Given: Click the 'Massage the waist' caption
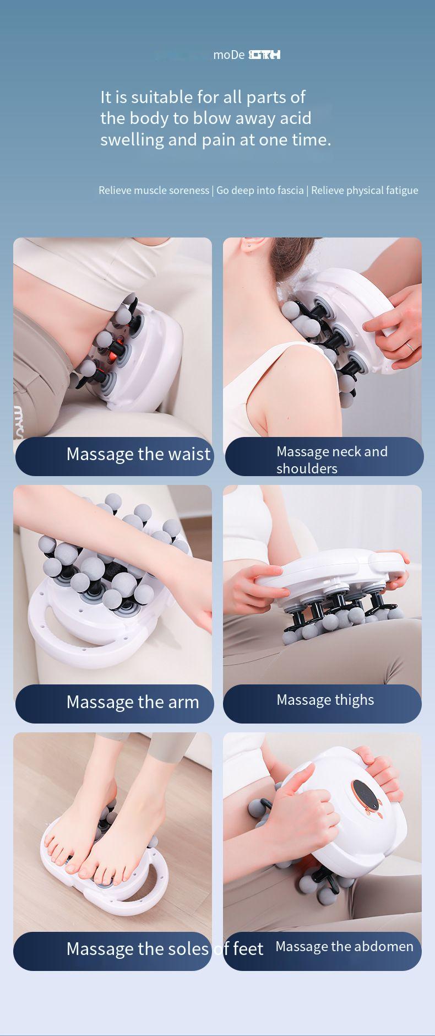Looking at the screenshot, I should point(138,454).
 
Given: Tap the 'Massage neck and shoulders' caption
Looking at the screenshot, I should point(331,460).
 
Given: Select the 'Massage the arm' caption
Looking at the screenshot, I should point(133,702).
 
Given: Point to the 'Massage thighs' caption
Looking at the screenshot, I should point(325,700).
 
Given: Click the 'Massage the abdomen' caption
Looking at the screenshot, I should point(344,947).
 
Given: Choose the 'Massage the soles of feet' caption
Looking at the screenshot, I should point(165,949).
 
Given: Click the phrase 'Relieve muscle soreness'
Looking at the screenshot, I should point(154,191).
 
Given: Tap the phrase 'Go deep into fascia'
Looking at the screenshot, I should point(260,191).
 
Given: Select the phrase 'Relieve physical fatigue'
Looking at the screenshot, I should point(365,191).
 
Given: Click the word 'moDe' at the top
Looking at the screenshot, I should point(229,55).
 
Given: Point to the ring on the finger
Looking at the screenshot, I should point(410,346).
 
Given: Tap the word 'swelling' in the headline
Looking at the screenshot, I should point(132,140).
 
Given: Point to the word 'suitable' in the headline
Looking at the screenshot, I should point(162,98).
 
